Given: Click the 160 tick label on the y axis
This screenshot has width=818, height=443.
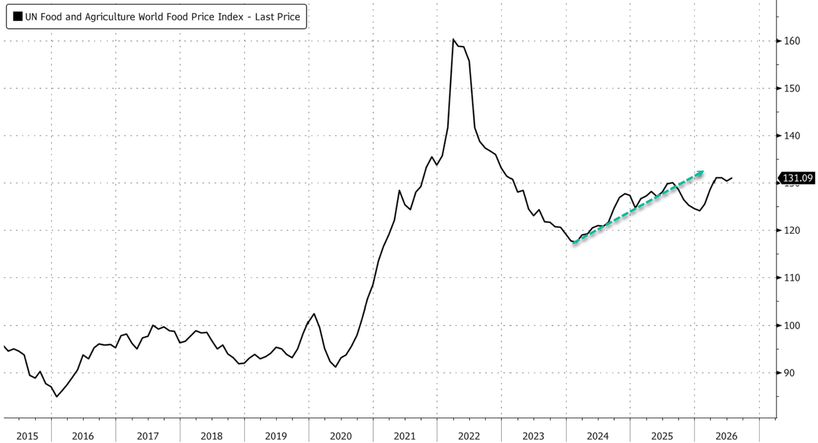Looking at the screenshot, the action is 792,41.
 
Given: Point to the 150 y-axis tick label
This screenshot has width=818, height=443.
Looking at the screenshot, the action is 792,88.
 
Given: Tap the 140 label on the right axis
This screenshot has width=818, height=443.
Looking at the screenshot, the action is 792,136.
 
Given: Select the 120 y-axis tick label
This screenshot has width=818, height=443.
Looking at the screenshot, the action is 792,230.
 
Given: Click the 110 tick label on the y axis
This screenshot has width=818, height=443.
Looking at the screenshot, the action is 792,278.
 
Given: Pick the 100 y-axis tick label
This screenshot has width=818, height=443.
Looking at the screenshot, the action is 792,325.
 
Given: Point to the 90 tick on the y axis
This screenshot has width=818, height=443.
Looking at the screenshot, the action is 789,373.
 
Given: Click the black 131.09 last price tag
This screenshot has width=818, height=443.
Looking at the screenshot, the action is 797,178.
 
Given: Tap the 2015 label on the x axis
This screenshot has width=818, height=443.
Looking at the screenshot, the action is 27,437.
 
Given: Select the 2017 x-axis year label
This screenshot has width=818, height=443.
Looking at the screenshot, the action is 148,437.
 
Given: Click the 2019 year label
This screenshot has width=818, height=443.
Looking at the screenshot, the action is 275,437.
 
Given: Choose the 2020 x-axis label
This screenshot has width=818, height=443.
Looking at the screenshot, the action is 341,437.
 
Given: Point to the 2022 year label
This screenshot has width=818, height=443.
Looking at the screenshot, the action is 469,437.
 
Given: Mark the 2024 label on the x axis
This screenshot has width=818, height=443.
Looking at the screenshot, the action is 598,437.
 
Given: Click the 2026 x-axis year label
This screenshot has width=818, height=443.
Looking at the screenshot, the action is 727,437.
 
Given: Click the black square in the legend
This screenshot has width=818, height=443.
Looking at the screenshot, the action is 17,17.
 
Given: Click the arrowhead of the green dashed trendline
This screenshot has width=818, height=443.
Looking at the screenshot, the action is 701,173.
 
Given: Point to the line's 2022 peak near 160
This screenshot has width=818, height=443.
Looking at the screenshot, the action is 453,39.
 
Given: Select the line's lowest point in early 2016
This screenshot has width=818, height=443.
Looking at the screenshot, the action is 57,396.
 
